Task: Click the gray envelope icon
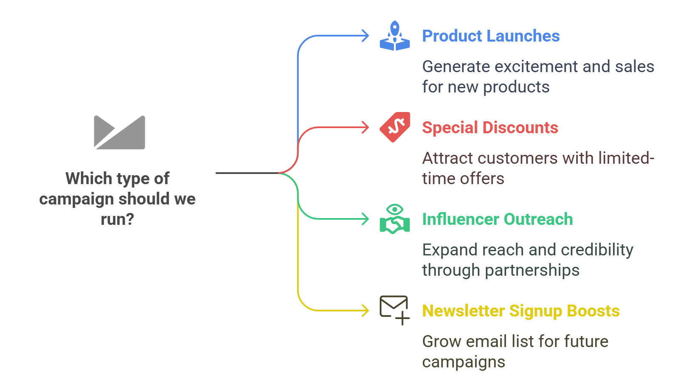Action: [x=119, y=132]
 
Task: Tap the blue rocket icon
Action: [x=395, y=36]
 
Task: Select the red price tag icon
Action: [x=395, y=127]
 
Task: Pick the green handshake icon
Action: [x=395, y=219]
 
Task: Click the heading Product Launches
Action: [x=491, y=36]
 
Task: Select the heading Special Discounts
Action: [x=490, y=128]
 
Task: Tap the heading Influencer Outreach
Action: [x=497, y=219]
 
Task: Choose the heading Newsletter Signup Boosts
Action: [x=521, y=311]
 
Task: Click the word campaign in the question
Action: [x=76, y=199]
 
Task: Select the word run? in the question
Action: [x=118, y=219]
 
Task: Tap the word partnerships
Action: [x=532, y=270]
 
